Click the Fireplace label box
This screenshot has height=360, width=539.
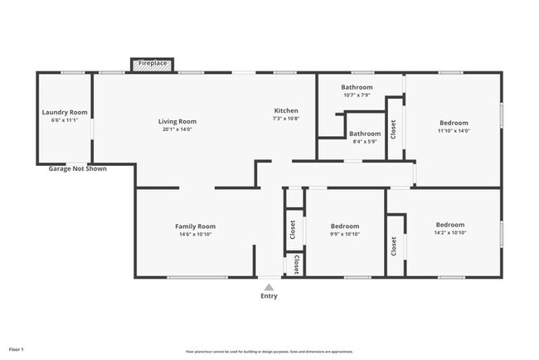[x=153, y=64]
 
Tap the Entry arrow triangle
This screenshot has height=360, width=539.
[x=269, y=287]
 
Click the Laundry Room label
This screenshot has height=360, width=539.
[x=65, y=112]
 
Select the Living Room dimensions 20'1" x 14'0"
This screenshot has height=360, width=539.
[x=177, y=129]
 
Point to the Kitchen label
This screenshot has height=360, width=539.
[x=286, y=110]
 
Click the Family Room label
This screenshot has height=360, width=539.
[x=195, y=226]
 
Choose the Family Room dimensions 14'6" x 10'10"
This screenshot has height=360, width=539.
[x=195, y=234]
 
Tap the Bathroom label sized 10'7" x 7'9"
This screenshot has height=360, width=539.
[x=357, y=87]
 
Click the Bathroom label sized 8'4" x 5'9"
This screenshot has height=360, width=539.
[x=364, y=134]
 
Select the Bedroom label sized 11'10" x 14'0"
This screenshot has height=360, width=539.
[x=454, y=123]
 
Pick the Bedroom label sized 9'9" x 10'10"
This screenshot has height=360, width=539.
[x=345, y=226]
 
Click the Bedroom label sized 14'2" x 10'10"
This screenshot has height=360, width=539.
[x=450, y=225]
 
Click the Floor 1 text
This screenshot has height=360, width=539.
[x=17, y=349]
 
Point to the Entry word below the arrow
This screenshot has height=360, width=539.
[x=269, y=296]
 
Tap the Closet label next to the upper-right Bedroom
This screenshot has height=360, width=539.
[x=393, y=129]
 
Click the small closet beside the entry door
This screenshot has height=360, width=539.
[x=295, y=264]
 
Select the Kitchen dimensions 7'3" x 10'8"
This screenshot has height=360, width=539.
[x=286, y=119]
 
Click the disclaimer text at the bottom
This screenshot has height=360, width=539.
[x=269, y=352]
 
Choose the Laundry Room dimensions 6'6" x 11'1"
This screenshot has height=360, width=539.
[x=65, y=120]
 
